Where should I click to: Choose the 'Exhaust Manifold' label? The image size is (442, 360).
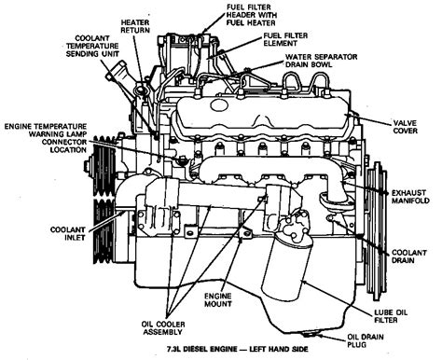point(409,194)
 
